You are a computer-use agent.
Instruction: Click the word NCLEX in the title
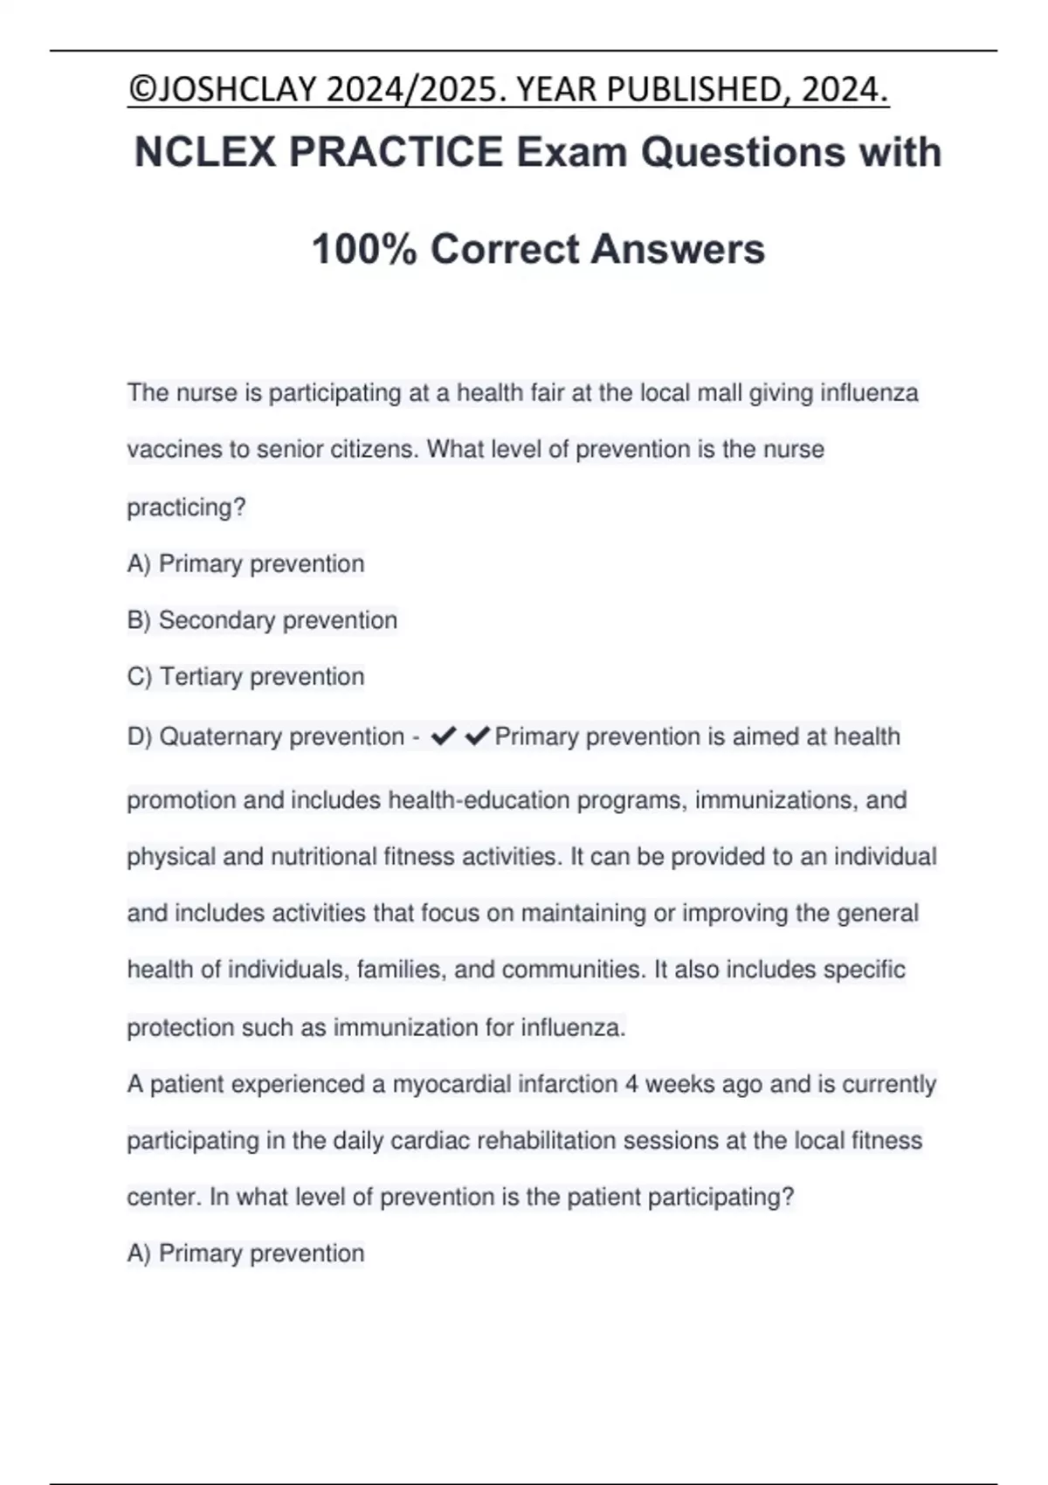204,152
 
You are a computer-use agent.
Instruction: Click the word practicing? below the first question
186,508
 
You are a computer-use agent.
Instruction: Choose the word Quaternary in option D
221,737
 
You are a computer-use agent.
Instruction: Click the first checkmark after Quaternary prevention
444,737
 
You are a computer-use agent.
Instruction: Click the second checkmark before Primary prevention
477,737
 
